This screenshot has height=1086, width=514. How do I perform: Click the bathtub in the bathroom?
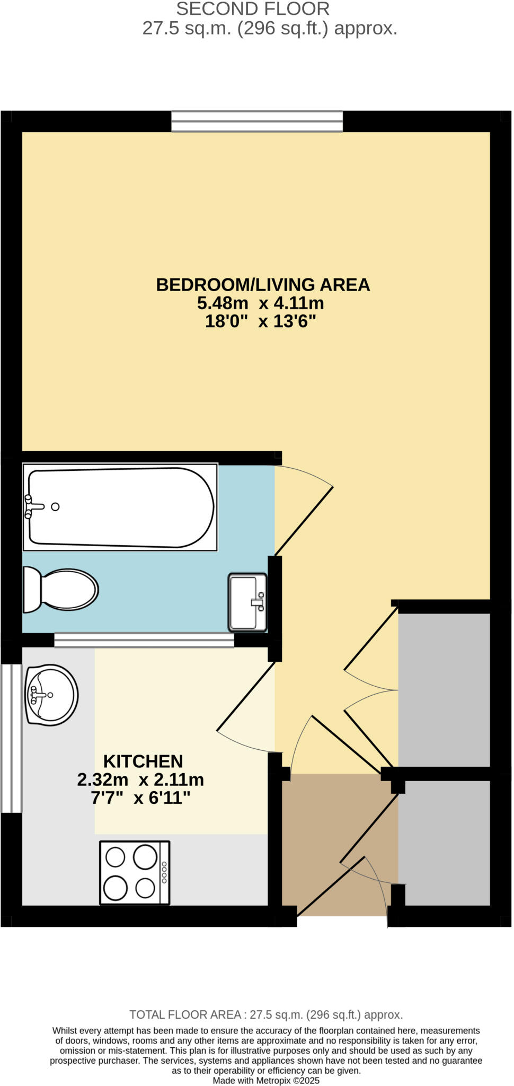121,507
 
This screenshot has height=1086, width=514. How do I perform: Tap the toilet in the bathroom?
61,590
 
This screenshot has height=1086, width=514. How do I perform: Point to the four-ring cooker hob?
135,872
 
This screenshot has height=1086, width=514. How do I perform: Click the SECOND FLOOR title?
253,9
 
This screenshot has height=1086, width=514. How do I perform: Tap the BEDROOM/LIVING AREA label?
263,285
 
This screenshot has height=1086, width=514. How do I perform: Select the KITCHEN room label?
143,761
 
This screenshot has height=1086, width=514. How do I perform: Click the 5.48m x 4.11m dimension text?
260,303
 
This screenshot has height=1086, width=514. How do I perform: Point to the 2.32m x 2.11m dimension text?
140,780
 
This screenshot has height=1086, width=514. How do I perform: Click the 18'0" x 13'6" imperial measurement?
260,321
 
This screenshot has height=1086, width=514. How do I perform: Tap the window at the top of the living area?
257,121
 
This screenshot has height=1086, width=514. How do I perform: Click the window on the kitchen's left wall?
11,738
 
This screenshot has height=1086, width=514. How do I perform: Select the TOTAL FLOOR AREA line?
266,1015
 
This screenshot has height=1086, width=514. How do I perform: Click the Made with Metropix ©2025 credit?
266,1080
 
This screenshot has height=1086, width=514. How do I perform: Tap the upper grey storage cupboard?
444,689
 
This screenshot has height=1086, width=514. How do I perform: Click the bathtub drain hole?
55,507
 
